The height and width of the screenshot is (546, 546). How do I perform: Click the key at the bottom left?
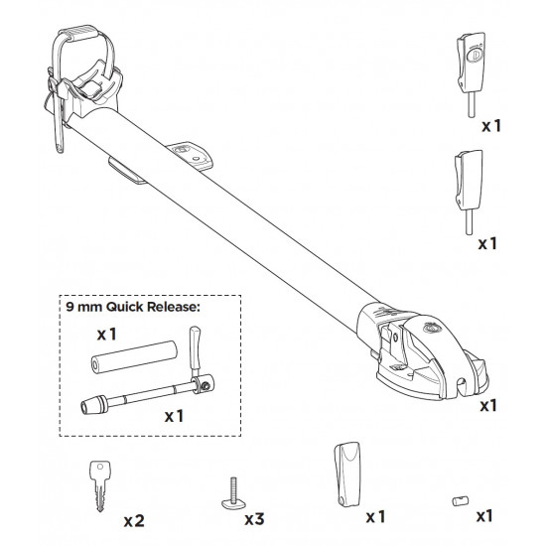(100, 485)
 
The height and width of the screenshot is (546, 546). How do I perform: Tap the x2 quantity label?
(134, 521)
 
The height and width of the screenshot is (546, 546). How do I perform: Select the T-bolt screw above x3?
(234, 494)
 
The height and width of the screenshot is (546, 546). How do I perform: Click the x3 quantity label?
(254, 519)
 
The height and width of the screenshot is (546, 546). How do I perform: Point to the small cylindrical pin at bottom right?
(460, 501)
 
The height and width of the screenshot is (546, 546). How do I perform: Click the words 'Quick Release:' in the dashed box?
(153, 307)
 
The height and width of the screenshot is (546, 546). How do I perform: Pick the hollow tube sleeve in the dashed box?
(134, 357)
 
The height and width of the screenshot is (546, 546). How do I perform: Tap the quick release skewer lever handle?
(195, 350)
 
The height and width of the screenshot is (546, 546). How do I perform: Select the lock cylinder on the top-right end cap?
(474, 55)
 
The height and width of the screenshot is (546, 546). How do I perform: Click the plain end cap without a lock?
(469, 193)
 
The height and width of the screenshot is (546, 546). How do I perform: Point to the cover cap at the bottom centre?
(346, 474)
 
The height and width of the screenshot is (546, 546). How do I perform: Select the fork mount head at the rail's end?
(422, 352)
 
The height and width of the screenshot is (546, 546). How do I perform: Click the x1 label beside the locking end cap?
(491, 126)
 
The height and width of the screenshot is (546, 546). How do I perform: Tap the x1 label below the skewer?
(174, 416)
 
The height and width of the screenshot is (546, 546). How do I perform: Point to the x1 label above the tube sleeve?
(107, 335)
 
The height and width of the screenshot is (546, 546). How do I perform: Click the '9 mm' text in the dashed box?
(84, 307)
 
